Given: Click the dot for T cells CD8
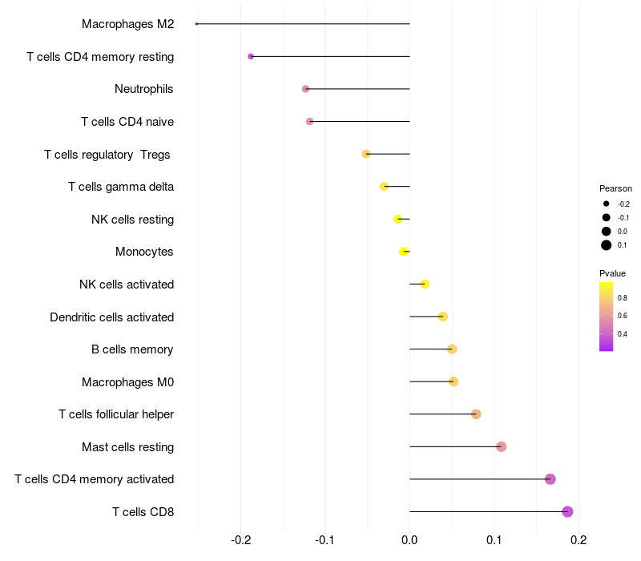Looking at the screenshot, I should tap(567, 511).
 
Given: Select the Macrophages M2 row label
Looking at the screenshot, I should tap(127, 24).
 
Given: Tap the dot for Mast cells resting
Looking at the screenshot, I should tap(501, 446).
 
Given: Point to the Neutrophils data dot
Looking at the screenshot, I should tap(305, 89).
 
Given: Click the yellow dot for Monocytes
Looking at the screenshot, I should tap(405, 252).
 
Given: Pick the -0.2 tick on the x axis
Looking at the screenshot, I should tap(241, 540).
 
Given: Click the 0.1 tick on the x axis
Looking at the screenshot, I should tap(494, 540).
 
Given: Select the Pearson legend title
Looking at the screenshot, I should tap(615, 188).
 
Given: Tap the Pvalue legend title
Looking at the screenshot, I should tap(612, 273).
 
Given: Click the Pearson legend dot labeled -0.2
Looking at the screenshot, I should tap(607, 204).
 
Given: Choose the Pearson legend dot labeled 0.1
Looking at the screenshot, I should tap(607, 245).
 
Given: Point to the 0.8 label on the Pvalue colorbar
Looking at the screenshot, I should tap(622, 297).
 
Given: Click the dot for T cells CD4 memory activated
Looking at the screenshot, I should tap(550, 479).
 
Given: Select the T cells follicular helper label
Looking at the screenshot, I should tap(116, 414).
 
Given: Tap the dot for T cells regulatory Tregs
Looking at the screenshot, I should tap(366, 154).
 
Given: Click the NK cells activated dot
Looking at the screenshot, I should tap(425, 284).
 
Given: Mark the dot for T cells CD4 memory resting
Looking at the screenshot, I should tap(251, 56).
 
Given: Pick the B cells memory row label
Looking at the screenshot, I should tap(132, 349).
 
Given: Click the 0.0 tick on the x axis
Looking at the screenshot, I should tap(409, 540).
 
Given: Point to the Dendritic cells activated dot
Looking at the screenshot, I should tap(442, 317).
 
